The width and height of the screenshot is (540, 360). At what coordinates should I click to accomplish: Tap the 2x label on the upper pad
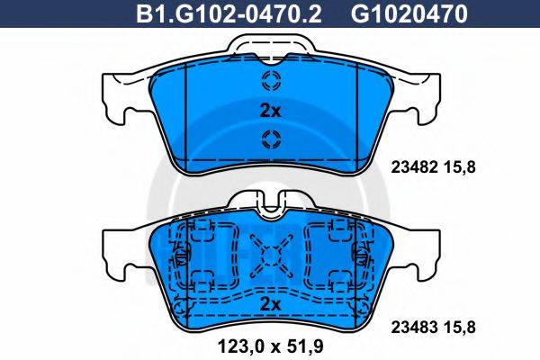[270, 111]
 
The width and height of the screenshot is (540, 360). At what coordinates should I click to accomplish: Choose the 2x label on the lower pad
[270, 304]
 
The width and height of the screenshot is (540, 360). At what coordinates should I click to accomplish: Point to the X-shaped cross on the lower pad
[269, 255]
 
